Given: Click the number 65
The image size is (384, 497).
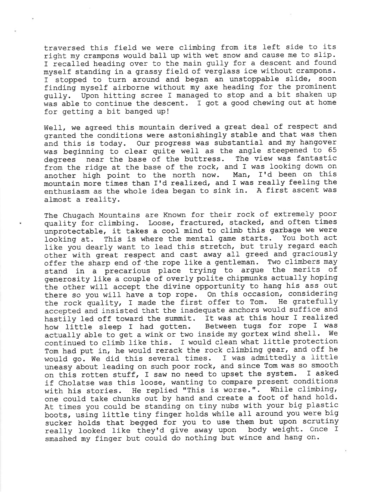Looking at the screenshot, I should tap(332, 150).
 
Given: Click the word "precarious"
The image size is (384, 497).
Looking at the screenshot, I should tap(128, 270).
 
